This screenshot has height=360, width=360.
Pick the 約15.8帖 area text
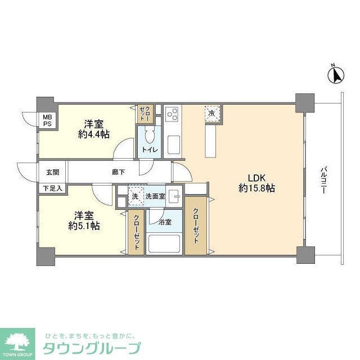click(x=256, y=189)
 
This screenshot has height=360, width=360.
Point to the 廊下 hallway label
click(x=118, y=172)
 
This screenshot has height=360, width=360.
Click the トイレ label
click(x=150, y=150)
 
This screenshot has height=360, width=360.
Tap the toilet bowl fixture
click(x=150, y=136)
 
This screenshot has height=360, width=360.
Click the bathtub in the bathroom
click(x=164, y=244)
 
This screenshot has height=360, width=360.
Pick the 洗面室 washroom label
click(x=156, y=196)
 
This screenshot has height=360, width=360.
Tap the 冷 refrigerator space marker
click(x=212, y=114)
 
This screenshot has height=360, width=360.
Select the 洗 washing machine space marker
click(x=135, y=196)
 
